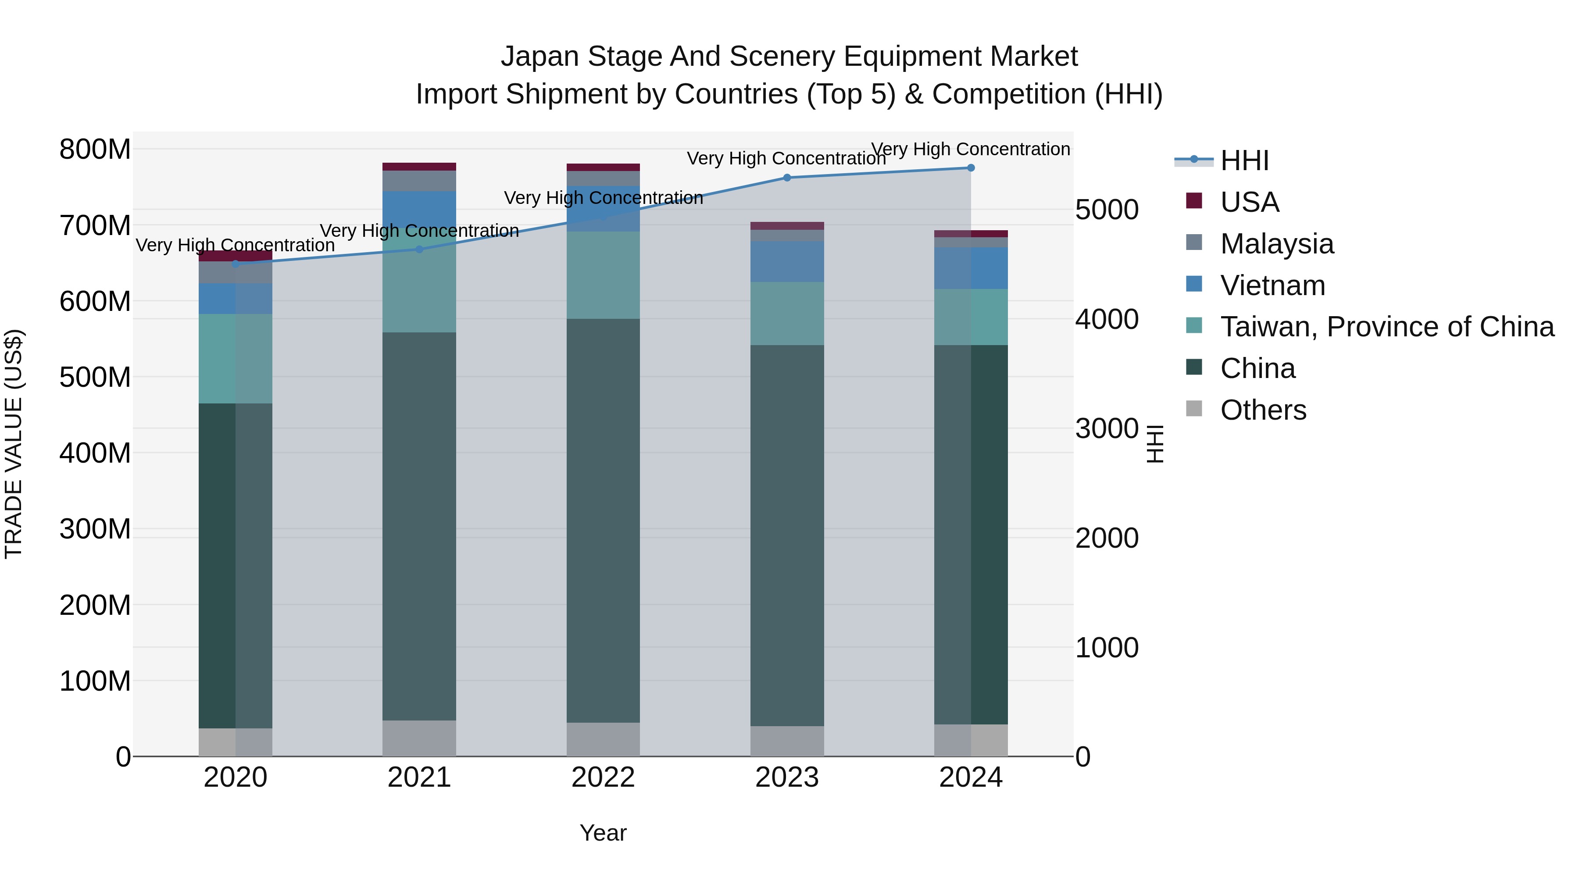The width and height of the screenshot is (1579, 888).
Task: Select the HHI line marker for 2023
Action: click(787, 178)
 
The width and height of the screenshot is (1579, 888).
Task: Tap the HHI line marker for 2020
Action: click(236, 264)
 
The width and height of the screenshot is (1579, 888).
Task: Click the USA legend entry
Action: click(1249, 202)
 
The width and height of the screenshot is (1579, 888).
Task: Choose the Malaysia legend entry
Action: click(1276, 244)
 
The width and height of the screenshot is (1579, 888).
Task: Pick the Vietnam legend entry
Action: click(1272, 285)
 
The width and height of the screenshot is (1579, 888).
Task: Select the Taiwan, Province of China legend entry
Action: click(1386, 327)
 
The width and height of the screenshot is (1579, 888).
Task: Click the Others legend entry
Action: click(1263, 410)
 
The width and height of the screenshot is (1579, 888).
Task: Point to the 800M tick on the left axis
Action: click(95, 150)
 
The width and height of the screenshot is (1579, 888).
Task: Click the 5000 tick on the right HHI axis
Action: click(1107, 210)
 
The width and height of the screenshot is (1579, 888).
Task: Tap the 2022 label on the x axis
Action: click(603, 777)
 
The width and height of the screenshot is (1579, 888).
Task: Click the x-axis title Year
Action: click(603, 833)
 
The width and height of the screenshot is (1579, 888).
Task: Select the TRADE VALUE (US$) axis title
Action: click(14, 444)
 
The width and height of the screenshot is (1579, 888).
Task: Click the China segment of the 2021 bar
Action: click(419, 527)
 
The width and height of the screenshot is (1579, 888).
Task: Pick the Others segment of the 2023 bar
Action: click(787, 741)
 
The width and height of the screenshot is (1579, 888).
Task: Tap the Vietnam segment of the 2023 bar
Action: click(787, 262)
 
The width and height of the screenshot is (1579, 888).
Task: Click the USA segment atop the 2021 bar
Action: click(419, 167)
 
